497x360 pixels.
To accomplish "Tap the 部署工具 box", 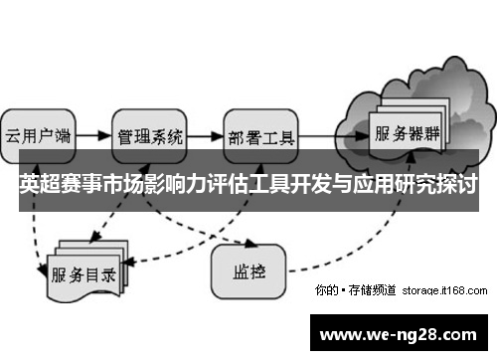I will [x=260, y=136].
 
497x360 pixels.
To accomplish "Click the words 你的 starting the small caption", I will [x=324, y=290].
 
